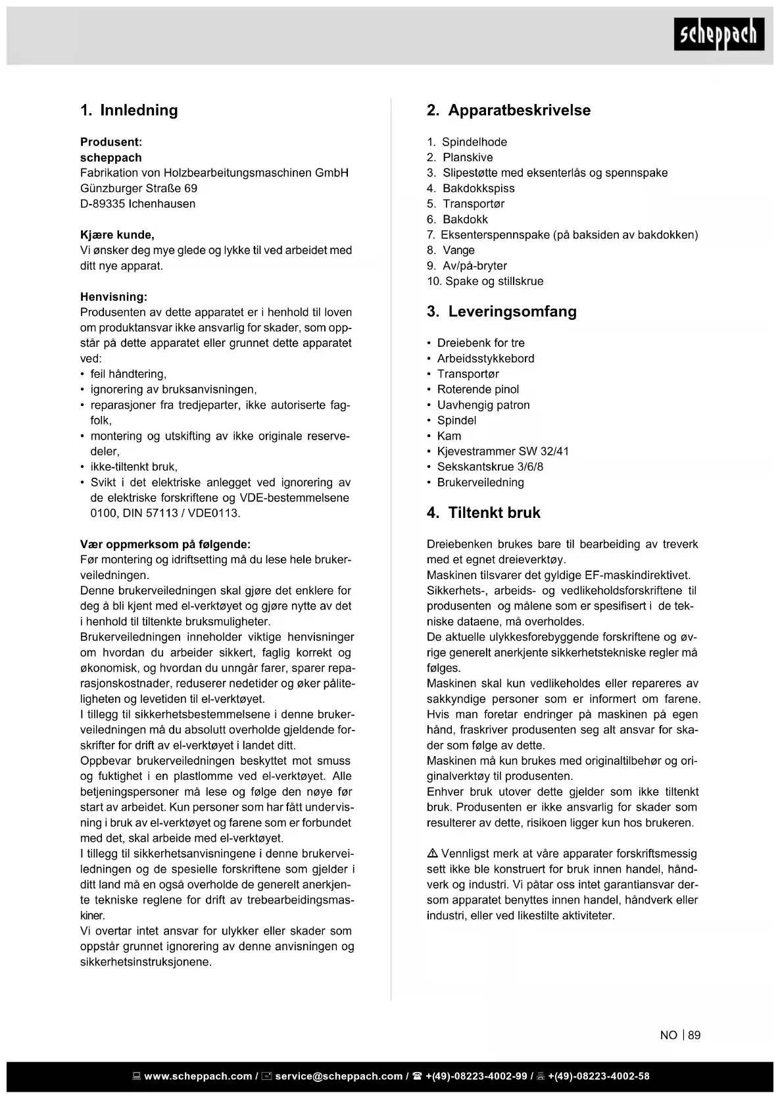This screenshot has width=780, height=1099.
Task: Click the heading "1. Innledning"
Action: coord(129,110)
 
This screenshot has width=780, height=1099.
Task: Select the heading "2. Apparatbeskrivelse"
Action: coord(508,110)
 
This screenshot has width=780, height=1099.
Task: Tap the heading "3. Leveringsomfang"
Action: coord(501,311)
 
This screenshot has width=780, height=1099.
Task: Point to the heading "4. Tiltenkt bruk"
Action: coord(483,513)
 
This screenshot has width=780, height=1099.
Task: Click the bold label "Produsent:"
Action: coord(111,142)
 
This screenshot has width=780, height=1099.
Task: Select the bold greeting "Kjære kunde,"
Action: coord(117,235)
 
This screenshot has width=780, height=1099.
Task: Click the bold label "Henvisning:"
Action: coord(114,297)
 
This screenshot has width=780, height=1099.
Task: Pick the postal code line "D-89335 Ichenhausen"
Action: coord(137,204)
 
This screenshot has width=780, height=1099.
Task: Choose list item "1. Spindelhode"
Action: coord(467,142)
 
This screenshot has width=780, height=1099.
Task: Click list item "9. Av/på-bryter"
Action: coord(467,266)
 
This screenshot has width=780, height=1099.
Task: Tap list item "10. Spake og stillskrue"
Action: coord(485,281)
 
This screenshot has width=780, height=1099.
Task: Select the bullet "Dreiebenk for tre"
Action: coord(481,343)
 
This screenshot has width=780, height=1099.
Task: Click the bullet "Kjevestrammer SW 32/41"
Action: coord(502,451)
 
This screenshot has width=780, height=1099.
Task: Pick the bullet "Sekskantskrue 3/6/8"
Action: coord(490,467)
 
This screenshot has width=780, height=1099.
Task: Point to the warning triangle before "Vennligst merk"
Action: coord(433,854)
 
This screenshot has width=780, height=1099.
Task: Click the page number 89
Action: coord(695,1035)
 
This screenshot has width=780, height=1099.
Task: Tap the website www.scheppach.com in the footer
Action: coord(197,1077)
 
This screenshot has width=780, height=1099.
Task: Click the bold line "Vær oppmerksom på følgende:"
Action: coord(165,544)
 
